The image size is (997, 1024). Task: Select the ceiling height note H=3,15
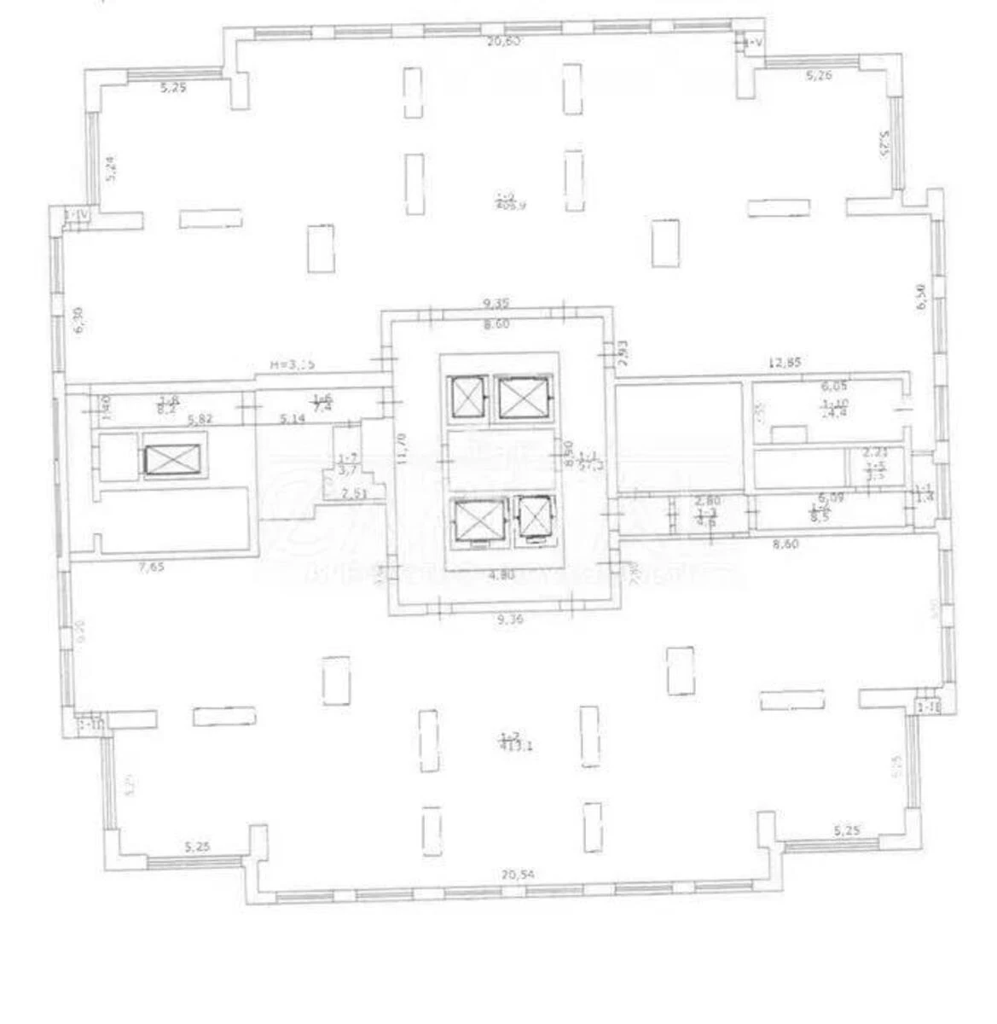point(293,364)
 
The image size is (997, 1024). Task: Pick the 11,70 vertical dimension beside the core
point(400,445)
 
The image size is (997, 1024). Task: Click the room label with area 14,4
point(834,409)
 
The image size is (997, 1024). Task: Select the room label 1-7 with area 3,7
point(347,464)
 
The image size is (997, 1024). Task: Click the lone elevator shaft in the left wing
point(175,460)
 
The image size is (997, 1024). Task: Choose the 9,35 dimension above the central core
point(496,302)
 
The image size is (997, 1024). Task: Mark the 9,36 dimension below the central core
point(508,620)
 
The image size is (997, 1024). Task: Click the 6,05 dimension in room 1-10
point(833,386)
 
